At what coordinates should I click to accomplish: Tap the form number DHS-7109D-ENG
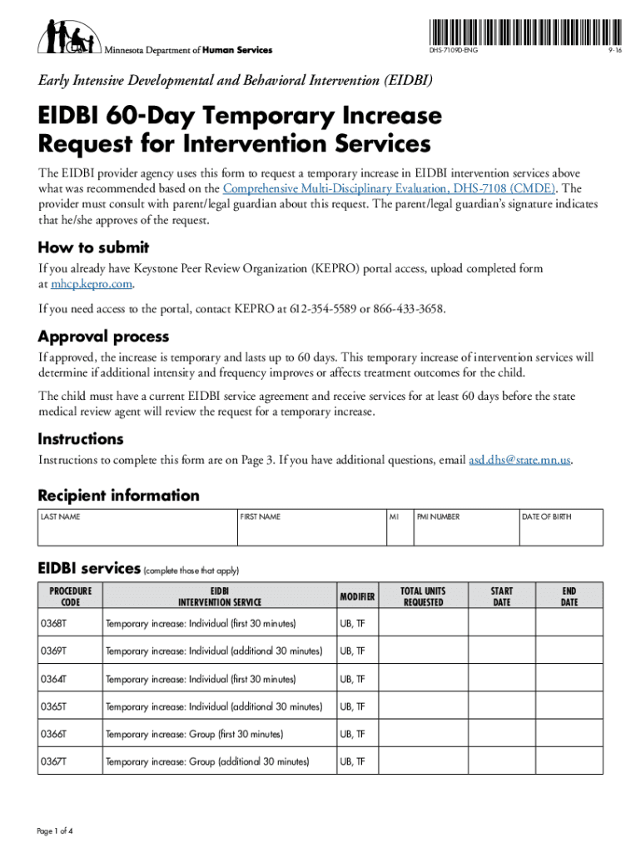pyautogui.click(x=454, y=51)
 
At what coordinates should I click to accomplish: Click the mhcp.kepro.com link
pyautogui.click(x=92, y=284)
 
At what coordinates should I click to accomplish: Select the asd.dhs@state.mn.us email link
pyautogui.click(x=519, y=460)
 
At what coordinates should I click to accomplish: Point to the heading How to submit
pyautogui.click(x=93, y=247)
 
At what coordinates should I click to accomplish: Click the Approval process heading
pyautogui.click(x=103, y=337)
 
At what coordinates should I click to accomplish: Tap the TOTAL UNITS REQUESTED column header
pyautogui.click(x=423, y=596)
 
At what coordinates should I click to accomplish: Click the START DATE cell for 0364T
pyautogui.click(x=502, y=679)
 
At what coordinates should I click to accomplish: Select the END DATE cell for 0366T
pyautogui.click(x=569, y=734)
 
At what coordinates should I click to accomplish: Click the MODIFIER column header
pyautogui.click(x=357, y=596)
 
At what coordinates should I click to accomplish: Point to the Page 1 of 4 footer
pyautogui.click(x=56, y=832)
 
